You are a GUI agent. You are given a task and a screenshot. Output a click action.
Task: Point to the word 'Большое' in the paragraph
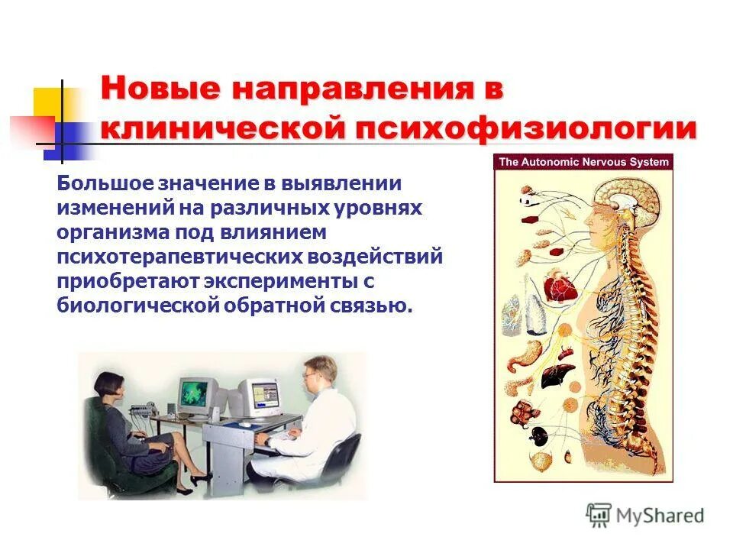(x=104, y=184)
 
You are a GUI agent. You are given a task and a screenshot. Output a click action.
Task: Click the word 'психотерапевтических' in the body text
(x=169, y=257)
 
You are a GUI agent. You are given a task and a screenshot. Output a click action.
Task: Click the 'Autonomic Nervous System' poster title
(x=583, y=162)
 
